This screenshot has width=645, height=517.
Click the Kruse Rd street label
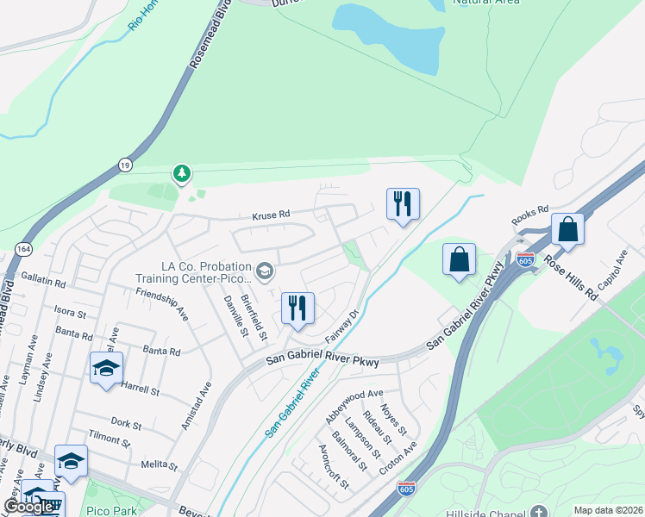270,217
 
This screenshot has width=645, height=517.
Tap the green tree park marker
181,174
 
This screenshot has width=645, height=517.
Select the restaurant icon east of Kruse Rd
402,205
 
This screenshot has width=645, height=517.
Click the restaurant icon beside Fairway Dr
297,308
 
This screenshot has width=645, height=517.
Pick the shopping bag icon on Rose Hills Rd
567,230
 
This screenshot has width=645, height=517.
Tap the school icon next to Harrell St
106,369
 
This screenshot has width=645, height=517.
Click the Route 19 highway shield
124,163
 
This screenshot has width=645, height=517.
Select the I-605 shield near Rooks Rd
526,258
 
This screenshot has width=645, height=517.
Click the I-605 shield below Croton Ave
406,489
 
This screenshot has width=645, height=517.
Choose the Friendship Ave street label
162,304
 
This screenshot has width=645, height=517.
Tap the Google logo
28,507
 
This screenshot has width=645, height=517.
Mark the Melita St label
160,465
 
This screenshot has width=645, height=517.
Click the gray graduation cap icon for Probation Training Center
265,273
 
